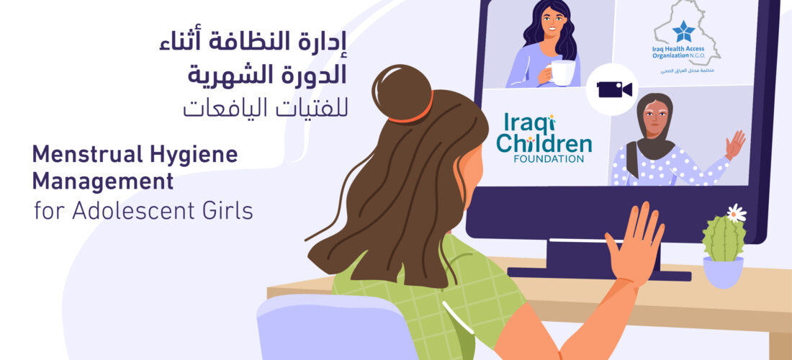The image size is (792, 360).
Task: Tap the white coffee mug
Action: pyautogui.click(x=562, y=73)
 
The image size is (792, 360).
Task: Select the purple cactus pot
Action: pyautogui.click(x=723, y=272)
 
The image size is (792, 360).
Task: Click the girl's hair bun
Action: pyautogui.click(x=402, y=93)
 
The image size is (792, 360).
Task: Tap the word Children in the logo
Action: pyautogui.click(x=544, y=143)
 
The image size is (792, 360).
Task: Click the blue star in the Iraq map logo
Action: pyautogui.click(x=683, y=31)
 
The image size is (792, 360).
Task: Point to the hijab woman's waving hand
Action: pyautogui.click(x=735, y=145)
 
